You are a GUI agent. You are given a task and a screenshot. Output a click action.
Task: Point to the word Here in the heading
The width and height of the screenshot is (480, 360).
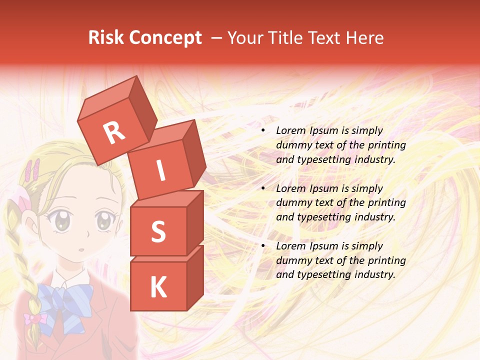365,38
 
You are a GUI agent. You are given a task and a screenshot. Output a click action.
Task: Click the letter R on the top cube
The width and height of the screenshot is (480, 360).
114,133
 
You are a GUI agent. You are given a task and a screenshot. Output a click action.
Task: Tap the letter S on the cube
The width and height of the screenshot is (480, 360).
158,231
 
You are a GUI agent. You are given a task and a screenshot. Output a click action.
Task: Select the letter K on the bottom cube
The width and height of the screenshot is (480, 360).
158,287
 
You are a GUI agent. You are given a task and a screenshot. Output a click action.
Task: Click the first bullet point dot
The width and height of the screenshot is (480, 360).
263,131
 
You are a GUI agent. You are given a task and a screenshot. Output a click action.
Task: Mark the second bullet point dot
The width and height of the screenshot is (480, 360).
263,189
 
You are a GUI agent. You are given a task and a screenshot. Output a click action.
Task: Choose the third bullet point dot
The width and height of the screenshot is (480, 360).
263,246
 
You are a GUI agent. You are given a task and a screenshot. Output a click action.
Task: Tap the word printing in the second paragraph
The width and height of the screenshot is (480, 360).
386,203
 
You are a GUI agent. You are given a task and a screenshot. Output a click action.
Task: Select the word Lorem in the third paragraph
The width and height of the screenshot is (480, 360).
290,246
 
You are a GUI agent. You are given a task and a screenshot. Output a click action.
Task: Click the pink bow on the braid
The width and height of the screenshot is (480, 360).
35,318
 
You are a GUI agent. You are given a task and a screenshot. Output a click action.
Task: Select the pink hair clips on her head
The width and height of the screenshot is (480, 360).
33,170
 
